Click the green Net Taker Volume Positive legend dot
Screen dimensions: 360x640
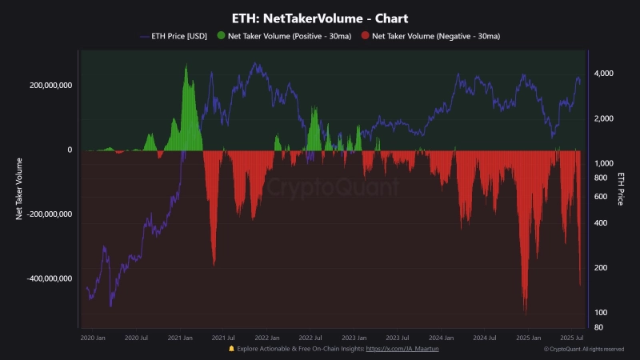(221, 36)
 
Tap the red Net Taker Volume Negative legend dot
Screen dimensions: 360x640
(366, 36)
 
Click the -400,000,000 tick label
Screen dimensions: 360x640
(48, 279)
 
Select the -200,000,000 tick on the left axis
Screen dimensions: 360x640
(48, 214)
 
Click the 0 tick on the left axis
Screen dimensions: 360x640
(70, 150)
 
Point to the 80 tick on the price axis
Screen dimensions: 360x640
(598, 326)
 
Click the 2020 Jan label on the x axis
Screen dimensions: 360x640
(94, 338)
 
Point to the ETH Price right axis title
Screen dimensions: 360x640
(621, 189)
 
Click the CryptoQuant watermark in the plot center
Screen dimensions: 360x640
(332, 188)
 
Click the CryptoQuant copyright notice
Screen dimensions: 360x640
(584, 350)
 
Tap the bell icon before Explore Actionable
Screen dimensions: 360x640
(231, 349)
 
